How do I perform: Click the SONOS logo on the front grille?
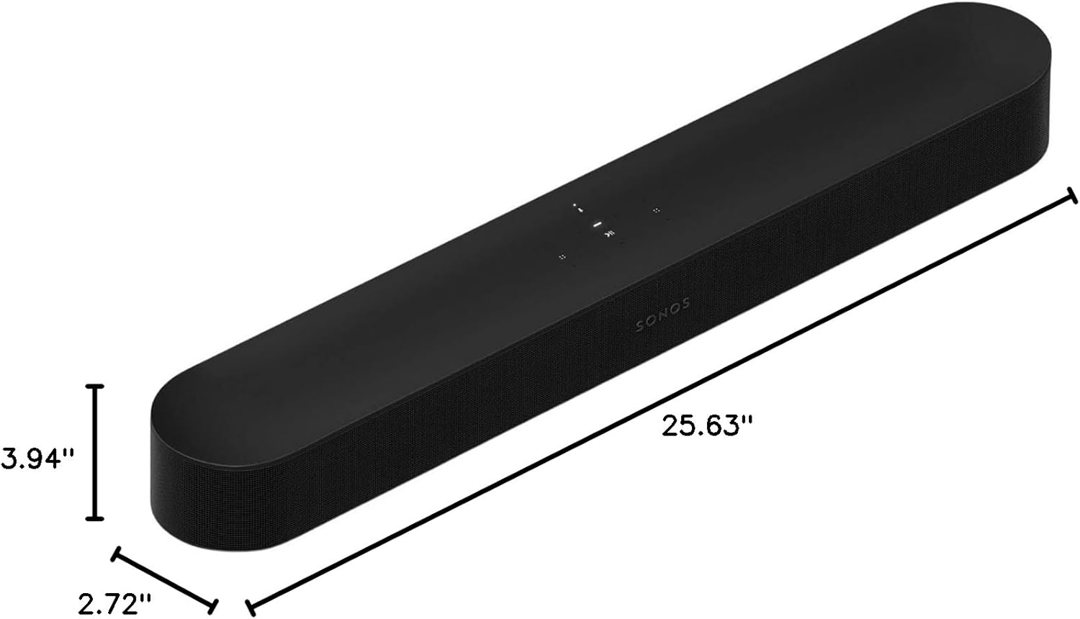tap(663, 315)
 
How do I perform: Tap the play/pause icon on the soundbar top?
tap(610, 233)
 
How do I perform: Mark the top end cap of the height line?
tap(95, 387)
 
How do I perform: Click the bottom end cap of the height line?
tap(95, 518)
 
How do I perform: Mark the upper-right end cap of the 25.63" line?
tap(1073, 196)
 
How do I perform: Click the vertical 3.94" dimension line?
tap(95, 452)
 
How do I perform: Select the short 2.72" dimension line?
tap(164, 579)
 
